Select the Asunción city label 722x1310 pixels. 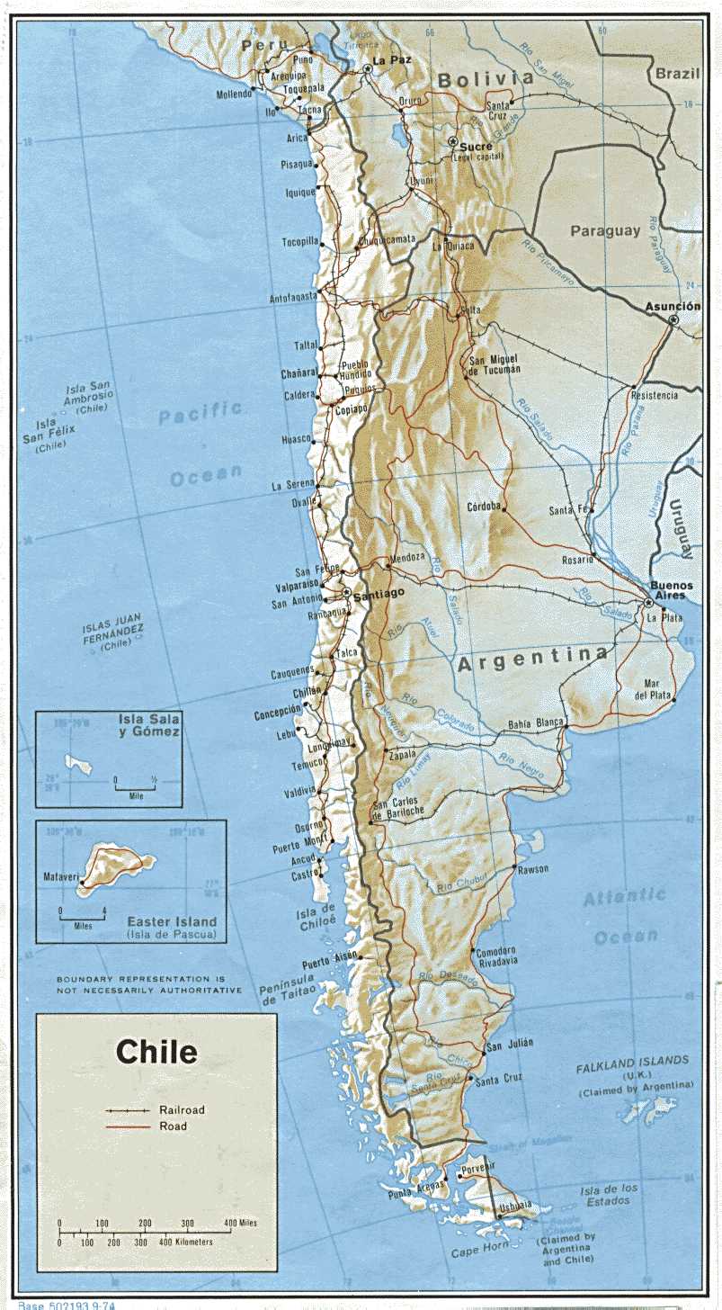click(672, 307)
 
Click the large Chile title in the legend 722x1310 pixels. click(156, 1052)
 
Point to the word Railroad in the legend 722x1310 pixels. click(183, 1110)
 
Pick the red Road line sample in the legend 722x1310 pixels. click(127, 1126)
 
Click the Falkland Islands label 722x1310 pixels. click(633, 1061)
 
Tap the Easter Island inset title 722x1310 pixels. click(172, 921)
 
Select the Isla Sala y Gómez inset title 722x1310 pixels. click(149, 725)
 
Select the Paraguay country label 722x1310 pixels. click(605, 231)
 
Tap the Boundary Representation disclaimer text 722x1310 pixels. click(149, 983)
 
